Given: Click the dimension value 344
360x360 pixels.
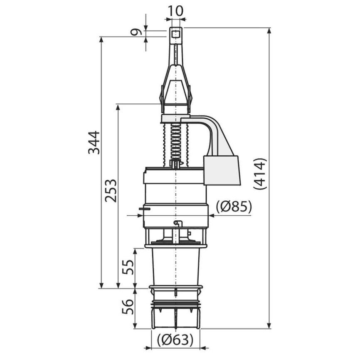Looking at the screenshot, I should (95, 142).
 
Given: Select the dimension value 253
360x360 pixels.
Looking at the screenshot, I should (111, 191).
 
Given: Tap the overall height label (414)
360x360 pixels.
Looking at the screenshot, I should (260, 174).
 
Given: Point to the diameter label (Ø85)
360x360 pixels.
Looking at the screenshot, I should (234, 207).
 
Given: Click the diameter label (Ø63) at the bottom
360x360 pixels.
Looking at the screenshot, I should (175, 340).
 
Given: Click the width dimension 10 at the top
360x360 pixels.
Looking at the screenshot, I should (176, 11).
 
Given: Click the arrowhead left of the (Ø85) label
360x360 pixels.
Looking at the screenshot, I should (211, 215).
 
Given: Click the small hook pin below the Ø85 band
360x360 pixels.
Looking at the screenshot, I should (176, 223).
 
